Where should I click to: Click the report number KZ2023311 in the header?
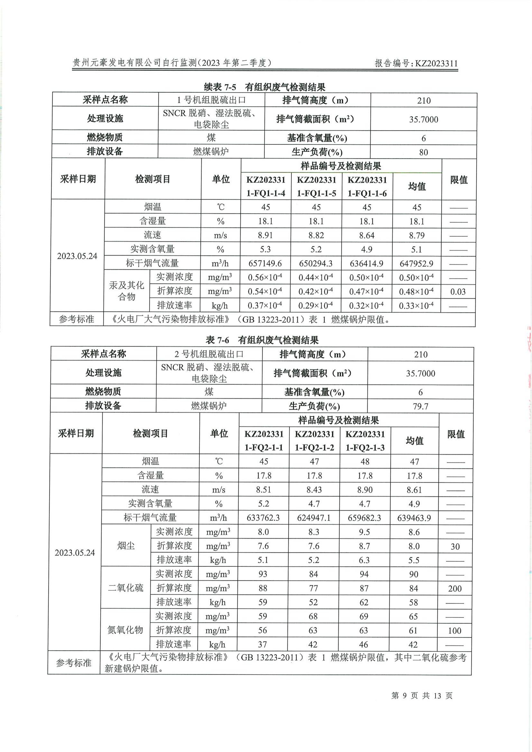coord(416,64)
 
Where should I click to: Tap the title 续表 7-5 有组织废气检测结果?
coord(264,87)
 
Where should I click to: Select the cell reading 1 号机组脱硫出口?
coord(211,100)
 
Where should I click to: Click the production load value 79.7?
coord(420,406)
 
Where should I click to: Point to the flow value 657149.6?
coord(265,264)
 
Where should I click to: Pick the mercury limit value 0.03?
coord(458,292)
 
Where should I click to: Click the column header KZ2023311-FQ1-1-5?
coord(316,186)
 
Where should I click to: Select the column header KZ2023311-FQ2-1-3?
coord(365,441)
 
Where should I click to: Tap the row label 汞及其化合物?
coord(126,291)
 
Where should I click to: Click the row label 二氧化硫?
coord(125,588)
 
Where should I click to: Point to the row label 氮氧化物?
coord(125,630)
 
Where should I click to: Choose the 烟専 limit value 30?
coord(455,546)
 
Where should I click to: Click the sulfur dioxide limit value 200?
coord(455,589)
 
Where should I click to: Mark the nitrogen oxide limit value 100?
coord(454,630)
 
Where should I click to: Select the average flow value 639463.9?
coord(414,518)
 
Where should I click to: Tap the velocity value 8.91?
coord(265,235)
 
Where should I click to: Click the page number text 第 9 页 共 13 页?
coord(422,695)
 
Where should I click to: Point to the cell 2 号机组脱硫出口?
coord(209,354)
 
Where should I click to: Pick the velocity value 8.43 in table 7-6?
coord(314,490)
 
